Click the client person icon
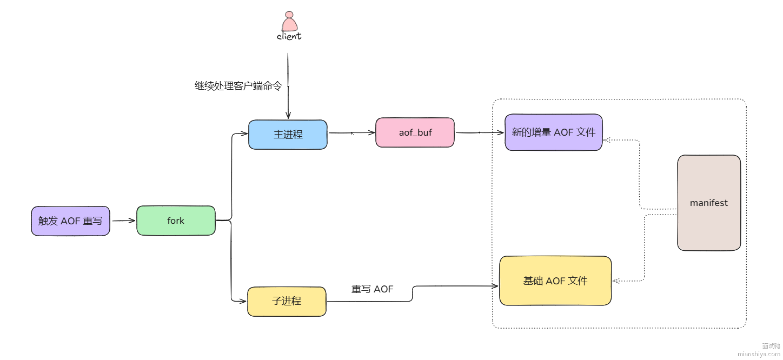click(x=289, y=22)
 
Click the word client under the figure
click(x=289, y=37)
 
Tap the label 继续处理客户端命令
click(x=238, y=86)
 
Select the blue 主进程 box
click(x=288, y=135)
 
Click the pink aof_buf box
click(x=415, y=132)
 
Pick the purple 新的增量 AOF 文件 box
click(x=553, y=132)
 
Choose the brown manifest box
click(x=708, y=203)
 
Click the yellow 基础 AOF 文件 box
click(x=555, y=281)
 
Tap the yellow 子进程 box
click(x=287, y=301)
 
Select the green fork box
click(x=176, y=221)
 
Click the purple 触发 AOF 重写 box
click(x=70, y=221)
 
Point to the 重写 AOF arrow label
click(x=373, y=290)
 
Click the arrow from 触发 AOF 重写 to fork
click(x=123, y=221)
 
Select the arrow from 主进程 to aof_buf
click(x=351, y=132)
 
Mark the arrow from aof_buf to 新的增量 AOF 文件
click(x=479, y=132)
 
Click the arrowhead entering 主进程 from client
click(x=288, y=115)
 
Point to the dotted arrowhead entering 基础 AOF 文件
click(x=616, y=281)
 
